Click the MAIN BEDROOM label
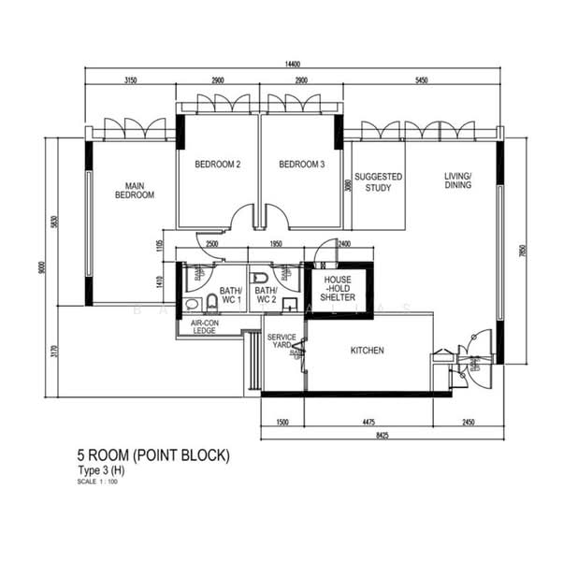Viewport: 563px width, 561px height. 134,190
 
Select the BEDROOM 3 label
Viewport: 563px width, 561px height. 301,165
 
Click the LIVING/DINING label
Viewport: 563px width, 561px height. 458,180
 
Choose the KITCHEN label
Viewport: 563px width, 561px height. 368,351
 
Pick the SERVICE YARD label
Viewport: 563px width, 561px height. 281,341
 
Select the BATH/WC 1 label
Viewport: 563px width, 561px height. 231,295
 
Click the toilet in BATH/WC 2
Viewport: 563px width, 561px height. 260,280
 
